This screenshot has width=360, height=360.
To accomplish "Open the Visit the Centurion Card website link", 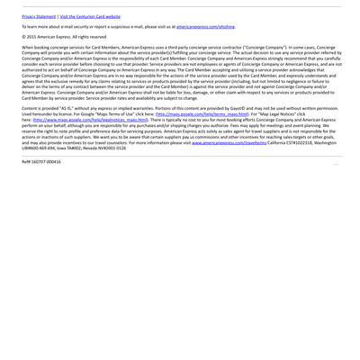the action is (89, 16).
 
